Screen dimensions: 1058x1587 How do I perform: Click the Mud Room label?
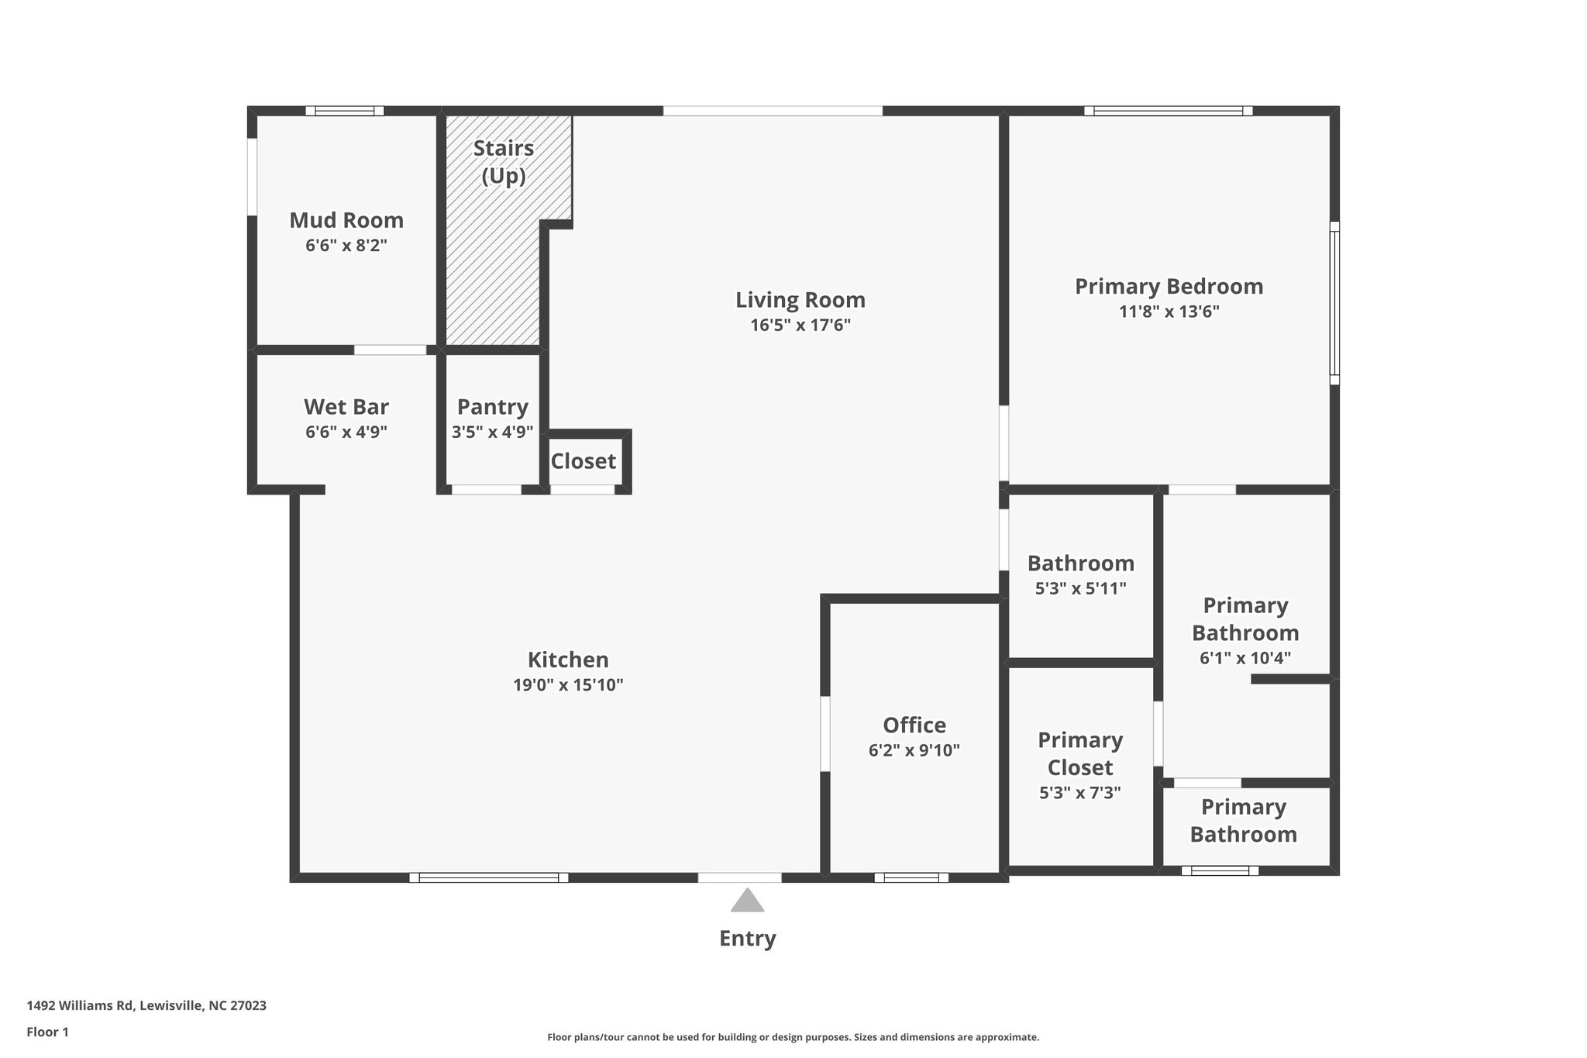pos(346,221)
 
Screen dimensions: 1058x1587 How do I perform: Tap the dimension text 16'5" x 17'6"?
pos(800,326)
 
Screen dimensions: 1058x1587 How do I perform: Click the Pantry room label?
pos(492,407)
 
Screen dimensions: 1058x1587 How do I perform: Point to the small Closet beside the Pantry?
pos(584,462)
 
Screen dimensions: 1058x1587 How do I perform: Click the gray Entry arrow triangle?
pos(747,901)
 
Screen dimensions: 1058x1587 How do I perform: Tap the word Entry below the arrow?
pos(747,939)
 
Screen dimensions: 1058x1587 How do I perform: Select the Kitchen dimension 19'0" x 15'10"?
pos(568,685)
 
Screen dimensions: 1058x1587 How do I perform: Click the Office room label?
pos(914,725)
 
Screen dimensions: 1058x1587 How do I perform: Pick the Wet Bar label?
pos(346,407)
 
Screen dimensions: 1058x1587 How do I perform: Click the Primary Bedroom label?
pos(1169,287)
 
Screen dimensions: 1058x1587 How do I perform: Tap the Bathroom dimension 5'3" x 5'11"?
pos(1080,589)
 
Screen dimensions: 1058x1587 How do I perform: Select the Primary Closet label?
pos(1080,753)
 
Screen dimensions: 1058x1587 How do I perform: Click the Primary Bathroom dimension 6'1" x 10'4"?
pos(1244,659)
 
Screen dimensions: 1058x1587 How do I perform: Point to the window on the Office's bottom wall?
pos(911,877)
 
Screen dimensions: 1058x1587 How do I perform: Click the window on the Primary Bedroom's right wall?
pos(1334,303)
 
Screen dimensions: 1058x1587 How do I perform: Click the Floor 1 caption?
pos(47,1032)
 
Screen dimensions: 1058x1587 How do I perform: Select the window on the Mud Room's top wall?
pos(345,111)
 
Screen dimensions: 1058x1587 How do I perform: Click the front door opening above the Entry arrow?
pos(739,877)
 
